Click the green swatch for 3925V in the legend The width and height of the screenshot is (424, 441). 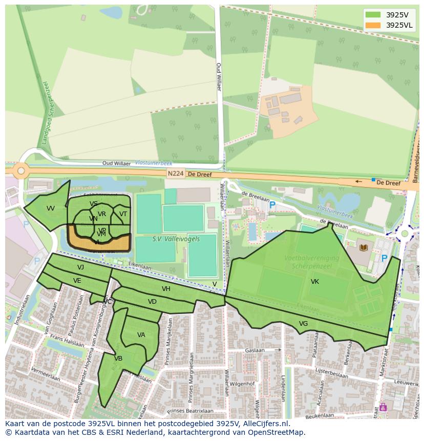click(373, 15)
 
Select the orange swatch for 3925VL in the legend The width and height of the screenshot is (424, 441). click(373, 25)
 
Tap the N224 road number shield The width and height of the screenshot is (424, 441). click(175, 174)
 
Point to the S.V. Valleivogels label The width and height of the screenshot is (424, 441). click(176, 239)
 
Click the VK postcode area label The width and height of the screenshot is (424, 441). click(314, 282)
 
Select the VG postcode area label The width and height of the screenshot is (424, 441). click(303, 323)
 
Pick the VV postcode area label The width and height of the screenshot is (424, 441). click(50, 208)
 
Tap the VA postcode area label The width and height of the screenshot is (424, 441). click(141, 335)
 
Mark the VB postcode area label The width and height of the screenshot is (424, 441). click(118, 359)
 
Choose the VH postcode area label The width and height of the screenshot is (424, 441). click(166, 289)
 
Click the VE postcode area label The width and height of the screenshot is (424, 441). click(77, 281)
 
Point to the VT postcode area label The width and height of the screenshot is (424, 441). click(123, 214)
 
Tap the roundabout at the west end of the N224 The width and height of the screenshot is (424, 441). click(20, 171)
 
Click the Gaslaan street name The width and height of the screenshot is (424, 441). click(255, 350)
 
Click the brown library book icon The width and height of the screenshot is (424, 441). click(364, 248)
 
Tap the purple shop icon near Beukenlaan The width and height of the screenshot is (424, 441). click(383, 408)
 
